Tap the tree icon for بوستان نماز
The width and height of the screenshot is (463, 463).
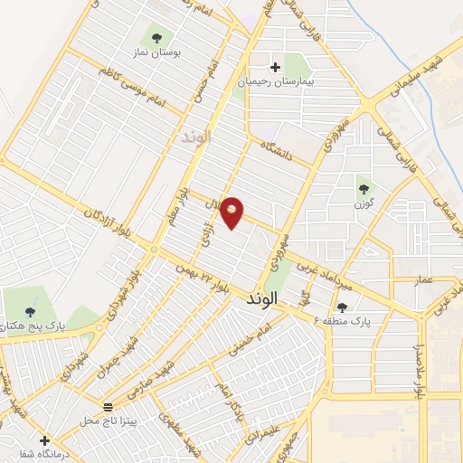tap(157, 38)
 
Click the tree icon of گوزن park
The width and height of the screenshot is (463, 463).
tap(364, 189)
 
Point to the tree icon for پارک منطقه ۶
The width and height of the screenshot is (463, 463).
tap(342, 308)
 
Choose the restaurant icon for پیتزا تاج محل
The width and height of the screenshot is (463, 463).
tap(109, 406)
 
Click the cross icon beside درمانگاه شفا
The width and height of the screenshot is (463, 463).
tap(44, 440)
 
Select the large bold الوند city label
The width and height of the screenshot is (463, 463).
tap(269, 298)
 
